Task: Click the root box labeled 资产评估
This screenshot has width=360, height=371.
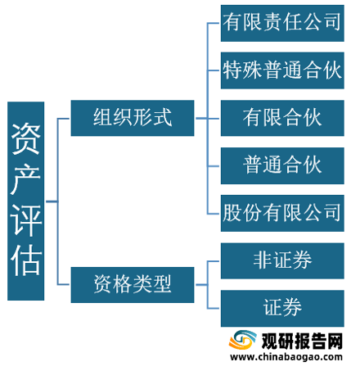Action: [x=26, y=201]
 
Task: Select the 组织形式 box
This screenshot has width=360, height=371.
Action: [x=133, y=118]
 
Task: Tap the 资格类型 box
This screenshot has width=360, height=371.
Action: [x=133, y=285]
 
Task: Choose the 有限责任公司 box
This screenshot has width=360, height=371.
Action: [x=282, y=23]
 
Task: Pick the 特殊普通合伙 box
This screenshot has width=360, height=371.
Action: [x=282, y=70]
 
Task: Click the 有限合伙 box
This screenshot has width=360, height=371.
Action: [x=282, y=118]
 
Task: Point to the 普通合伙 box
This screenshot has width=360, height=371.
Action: [x=282, y=165]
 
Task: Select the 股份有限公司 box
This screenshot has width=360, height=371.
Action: [x=282, y=213]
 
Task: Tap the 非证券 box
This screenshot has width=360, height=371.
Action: [x=282, y=261]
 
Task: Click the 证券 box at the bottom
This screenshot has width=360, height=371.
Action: [x=282, y=309]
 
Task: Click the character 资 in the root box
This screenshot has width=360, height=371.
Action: [x=26, y=138]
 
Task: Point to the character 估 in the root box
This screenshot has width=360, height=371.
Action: [x=26, y=260]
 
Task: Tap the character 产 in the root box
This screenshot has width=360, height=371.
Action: [x=26, y=179]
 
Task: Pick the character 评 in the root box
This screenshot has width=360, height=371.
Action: [x=26, y=219]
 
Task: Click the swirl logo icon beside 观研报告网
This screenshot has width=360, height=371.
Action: [x=242, y=340]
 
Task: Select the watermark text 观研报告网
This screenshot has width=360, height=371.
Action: [x=302, y=341]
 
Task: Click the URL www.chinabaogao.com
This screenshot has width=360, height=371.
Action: [x=286, y=357]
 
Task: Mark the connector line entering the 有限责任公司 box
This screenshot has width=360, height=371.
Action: [x=214, y=23]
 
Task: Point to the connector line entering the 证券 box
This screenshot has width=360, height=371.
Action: [x=214, y=309]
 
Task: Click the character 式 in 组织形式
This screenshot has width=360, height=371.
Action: [x=163, y=117]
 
